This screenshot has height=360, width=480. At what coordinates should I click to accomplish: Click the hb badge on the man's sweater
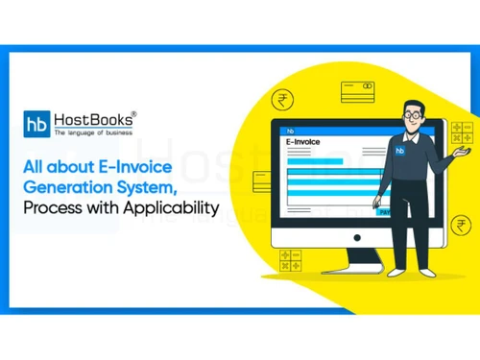coord(397,151)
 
